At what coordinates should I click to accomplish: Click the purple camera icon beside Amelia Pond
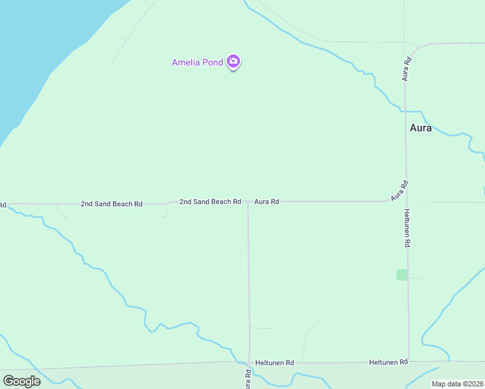[x=233, y=62]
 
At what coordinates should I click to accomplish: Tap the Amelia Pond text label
[x=197, y=62]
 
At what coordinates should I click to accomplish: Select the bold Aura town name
[x=421, y=128]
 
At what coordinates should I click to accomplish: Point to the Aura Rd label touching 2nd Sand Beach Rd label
[x=266, y=202]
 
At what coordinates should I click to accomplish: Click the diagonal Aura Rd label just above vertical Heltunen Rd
[x=399, y=189]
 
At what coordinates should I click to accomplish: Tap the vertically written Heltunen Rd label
[x=407, y=228]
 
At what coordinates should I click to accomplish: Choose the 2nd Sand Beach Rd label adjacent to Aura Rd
[x=210, y=202]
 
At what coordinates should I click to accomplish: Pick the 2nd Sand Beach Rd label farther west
[x=112, y=204]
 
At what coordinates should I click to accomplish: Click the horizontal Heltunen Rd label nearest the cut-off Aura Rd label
[x=275, y=362]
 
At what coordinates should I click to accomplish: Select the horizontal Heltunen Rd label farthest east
[x=388, y=361]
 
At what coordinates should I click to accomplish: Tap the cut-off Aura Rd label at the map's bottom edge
[x=248, y=377]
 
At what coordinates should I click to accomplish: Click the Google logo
[x=21, y=381]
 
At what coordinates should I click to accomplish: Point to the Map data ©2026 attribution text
[x=457, y=384]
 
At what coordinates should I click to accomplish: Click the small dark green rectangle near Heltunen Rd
[x=402, y=274]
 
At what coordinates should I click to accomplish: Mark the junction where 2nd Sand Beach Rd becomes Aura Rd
[x=248, y=202]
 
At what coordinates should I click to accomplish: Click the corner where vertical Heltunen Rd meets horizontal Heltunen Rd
[x=408, y=362]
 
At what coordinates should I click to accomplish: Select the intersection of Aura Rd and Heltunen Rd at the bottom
[x=249, y=362]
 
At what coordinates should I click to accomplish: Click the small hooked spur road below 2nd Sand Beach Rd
[x=164, y=211]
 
